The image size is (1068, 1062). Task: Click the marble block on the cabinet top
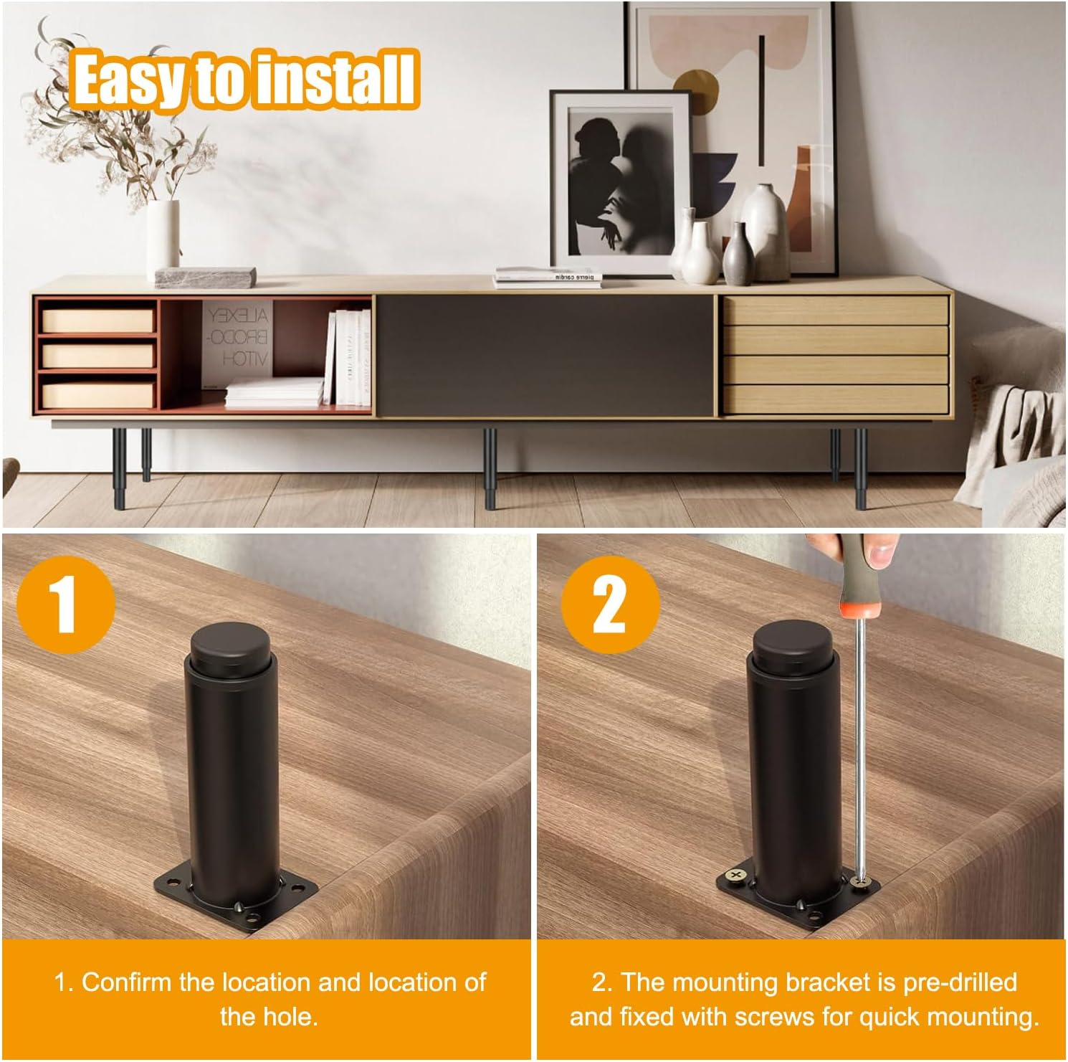coord(206,276)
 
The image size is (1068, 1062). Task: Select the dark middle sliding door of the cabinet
coord(545,355)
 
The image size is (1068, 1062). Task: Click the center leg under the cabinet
coord(490,468)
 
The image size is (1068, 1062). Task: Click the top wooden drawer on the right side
coord(835,310)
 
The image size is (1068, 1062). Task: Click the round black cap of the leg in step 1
coord(224,640)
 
